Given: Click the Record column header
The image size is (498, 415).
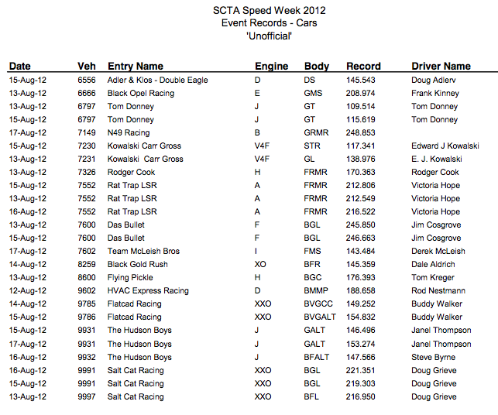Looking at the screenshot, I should click(363, 67).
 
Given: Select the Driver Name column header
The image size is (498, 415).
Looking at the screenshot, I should click(441, 67).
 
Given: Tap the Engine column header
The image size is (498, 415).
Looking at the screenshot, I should click(271, 67).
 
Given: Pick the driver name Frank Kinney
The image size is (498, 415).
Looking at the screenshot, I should click(435, 93).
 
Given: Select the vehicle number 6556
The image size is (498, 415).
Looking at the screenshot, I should click(87, 80).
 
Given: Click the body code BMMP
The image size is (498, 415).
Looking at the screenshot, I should click(318, 290).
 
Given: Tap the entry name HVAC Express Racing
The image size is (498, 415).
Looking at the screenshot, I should click(148, 290).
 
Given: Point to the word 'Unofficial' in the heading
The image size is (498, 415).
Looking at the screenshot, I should click(269, 36).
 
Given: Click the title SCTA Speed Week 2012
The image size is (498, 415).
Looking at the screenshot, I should click(269, 10).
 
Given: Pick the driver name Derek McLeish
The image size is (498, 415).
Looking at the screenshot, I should click(438, 251).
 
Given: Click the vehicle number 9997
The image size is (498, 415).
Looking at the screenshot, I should click(87, 396).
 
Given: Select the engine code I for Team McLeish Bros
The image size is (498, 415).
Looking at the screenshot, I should click(256, 251).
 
